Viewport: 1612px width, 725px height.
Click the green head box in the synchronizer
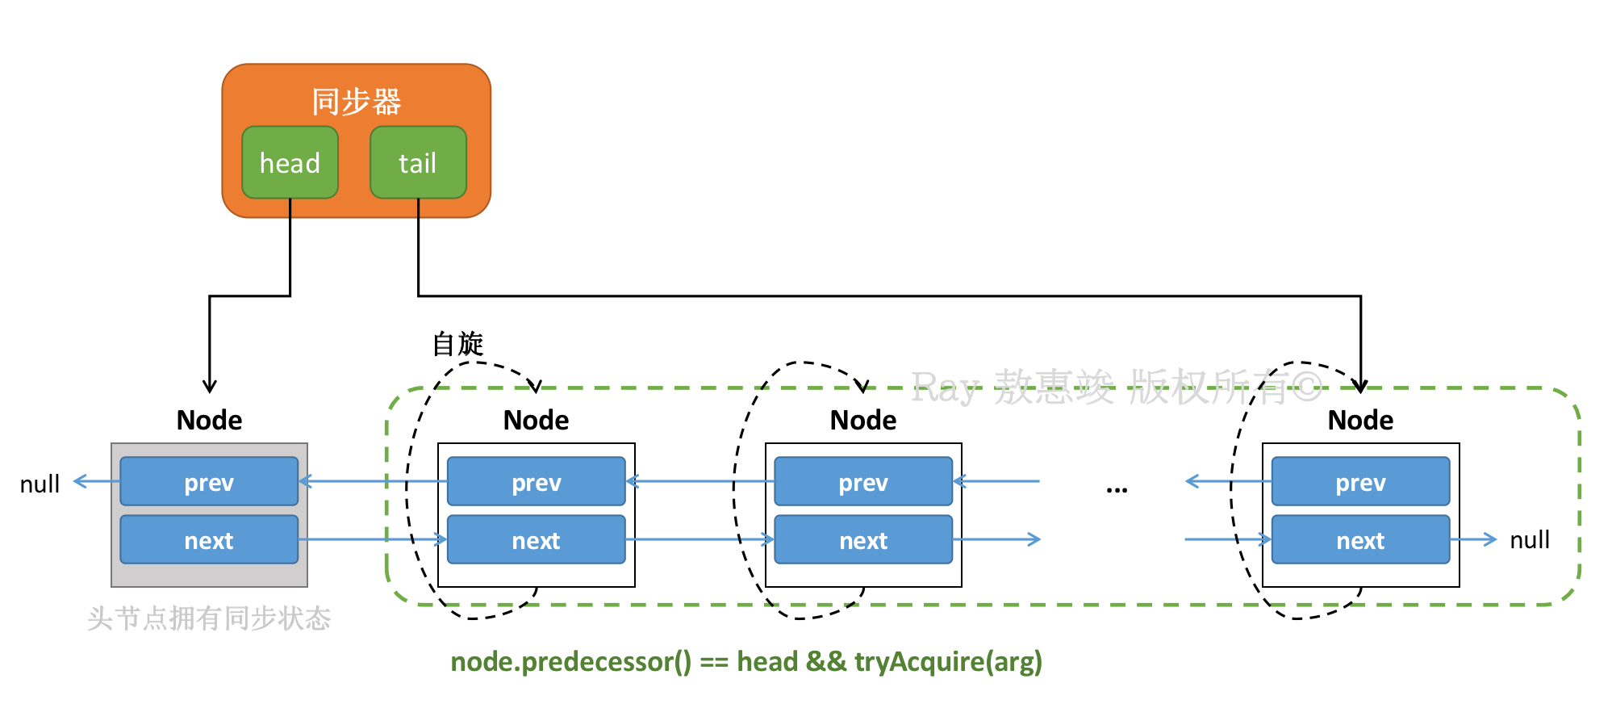[290, 162]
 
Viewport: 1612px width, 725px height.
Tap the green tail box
[418, 162]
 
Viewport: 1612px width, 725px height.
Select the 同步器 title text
[357, 102]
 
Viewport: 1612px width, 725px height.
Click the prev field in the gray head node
[209, 482]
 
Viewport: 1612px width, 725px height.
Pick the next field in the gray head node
[209, 540]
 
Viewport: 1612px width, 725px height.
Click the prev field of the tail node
[1360, 482]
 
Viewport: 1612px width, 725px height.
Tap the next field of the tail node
[1360, 540]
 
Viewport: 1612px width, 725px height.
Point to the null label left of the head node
[40, 484]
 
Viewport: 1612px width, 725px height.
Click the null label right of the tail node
[1530, 539]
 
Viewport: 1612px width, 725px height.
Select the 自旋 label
[457, 344]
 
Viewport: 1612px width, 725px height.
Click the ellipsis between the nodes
[1117, 488]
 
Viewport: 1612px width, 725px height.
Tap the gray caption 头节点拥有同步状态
[209, 618]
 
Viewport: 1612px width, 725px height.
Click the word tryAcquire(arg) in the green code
[949, 662]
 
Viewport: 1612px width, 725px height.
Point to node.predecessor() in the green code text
[571, 662]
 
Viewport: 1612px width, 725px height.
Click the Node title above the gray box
[209, 420]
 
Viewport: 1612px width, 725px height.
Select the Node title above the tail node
[1360, 420]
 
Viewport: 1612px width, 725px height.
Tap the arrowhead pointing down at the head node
[210, 387]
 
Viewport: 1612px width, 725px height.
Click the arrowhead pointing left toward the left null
[79, 482]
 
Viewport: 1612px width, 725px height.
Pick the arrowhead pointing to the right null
[1490, 539]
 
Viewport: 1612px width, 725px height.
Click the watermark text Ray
[946, 388]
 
